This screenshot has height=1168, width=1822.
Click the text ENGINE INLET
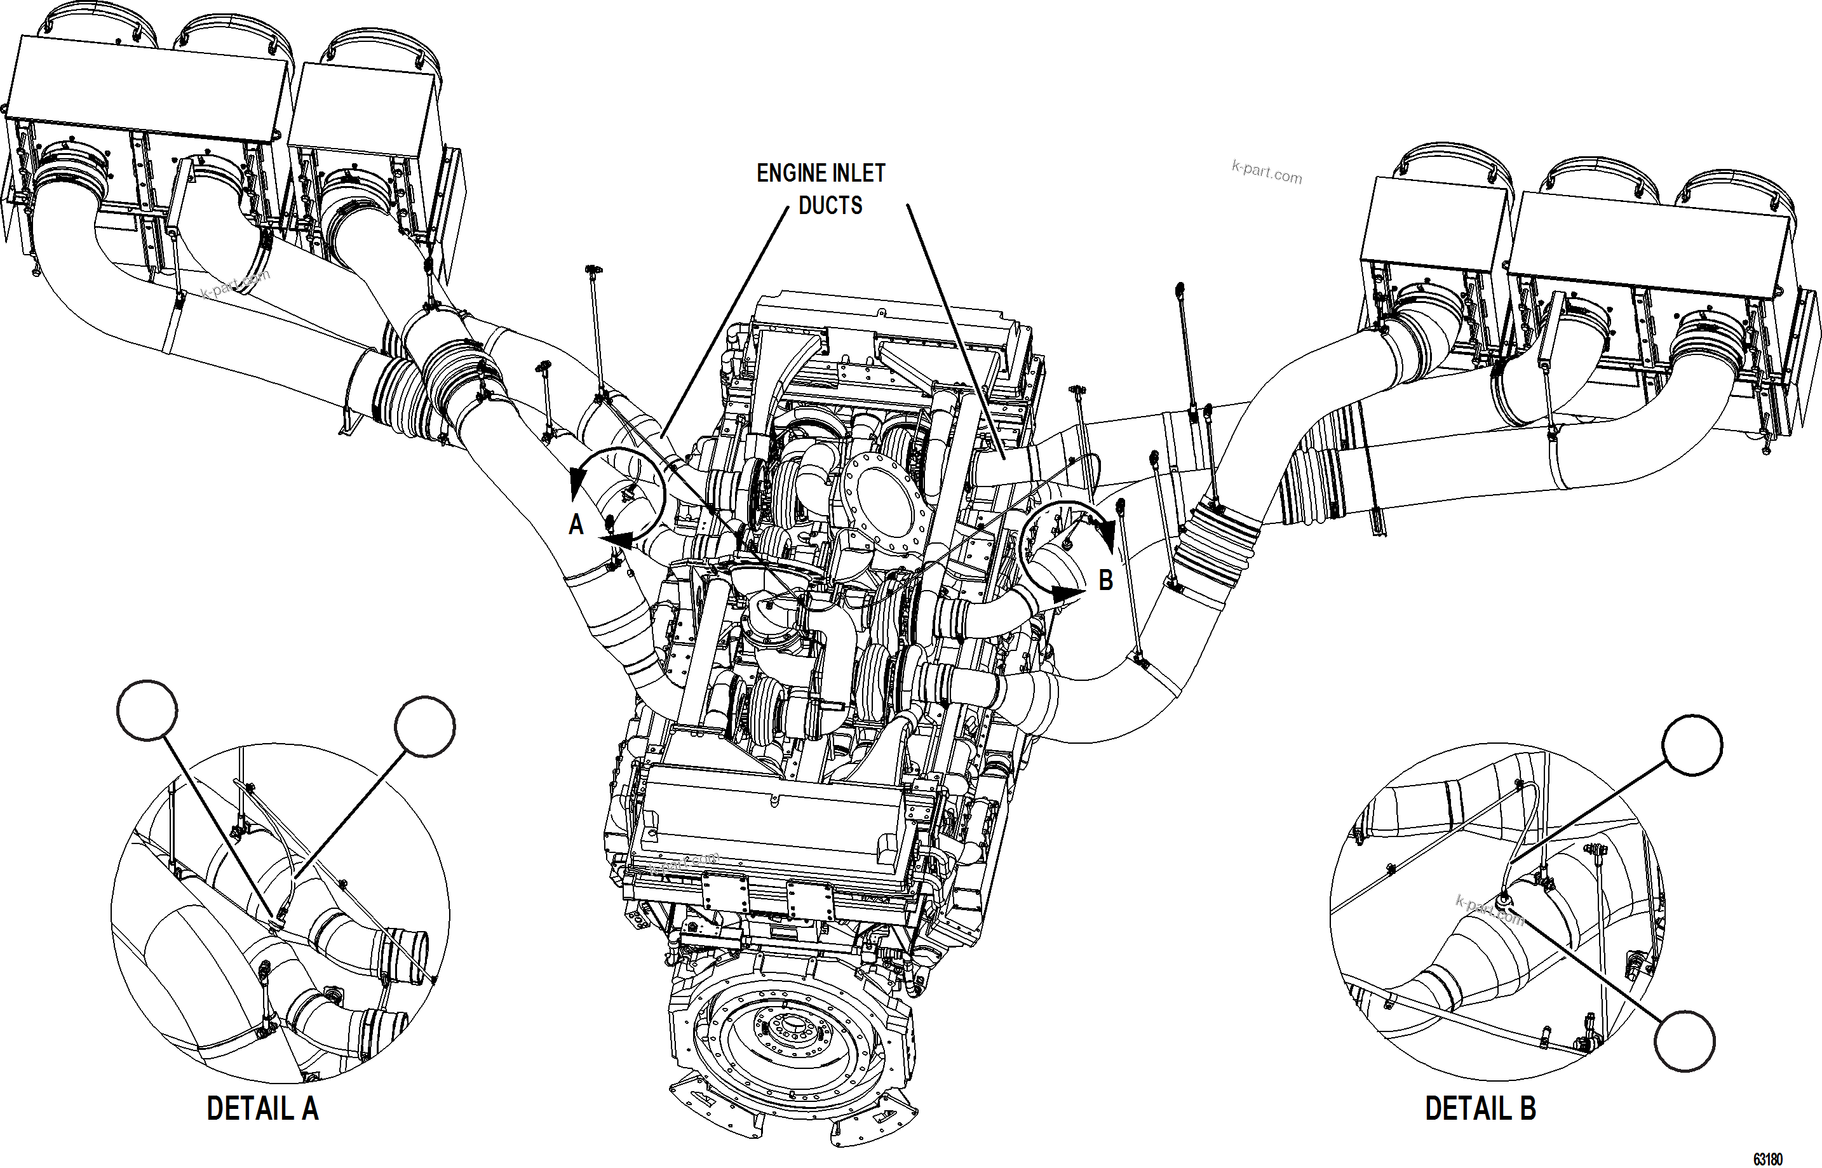(821, 173)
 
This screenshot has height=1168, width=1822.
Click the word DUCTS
(830, 206)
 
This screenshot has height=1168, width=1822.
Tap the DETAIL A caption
(262, 1109)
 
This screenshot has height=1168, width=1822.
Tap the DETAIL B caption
(1480, 1109)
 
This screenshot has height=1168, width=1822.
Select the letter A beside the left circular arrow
(576, 525)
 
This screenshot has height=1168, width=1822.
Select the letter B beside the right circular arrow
(1106, 581)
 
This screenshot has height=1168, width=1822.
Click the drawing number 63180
(1767, 1160)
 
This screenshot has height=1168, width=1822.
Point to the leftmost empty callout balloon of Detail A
(147, 710)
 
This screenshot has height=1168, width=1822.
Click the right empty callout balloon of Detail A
(425, 727)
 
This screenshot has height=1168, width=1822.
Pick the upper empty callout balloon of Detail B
(1692, 746)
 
